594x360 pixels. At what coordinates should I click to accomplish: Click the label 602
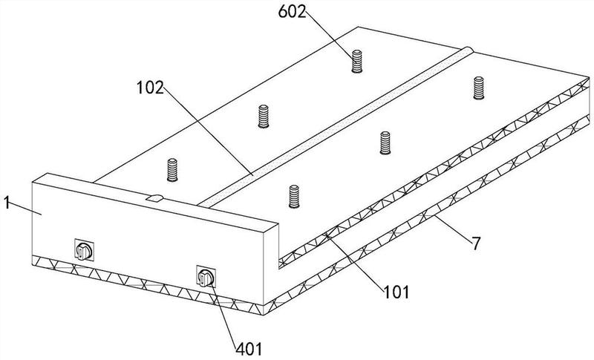click(292, 12)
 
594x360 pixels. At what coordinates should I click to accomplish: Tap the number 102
click(150, 88)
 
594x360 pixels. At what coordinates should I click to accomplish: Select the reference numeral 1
click(7, 203)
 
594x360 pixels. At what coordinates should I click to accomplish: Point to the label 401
click(249, 349)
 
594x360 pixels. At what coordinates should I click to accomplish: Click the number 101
click(396, 292)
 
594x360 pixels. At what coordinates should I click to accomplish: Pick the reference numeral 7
click(475, 243)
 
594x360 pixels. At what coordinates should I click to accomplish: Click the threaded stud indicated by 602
click(357, 61)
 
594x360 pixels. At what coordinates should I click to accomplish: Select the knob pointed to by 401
click(206, 278)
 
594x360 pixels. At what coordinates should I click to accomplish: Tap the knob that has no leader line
click(84, 251)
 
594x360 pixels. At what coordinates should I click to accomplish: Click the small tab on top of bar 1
click(155, 198)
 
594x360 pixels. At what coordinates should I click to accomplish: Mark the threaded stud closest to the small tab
click(172, 170)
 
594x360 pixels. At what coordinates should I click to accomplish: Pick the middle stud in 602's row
click(264, 117)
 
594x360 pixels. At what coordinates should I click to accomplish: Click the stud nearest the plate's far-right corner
click(479, 88)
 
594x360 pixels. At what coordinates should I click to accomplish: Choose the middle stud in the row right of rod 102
click(385, 143)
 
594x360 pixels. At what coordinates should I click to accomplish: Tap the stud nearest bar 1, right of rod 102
click(294, 197)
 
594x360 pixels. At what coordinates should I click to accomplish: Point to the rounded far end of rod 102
click(469, 50)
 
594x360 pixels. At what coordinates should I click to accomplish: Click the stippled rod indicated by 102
click(336, 127)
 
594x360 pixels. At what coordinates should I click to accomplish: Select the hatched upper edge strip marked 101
click(434, 173)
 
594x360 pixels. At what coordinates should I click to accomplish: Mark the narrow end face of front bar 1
click(271, 265)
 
